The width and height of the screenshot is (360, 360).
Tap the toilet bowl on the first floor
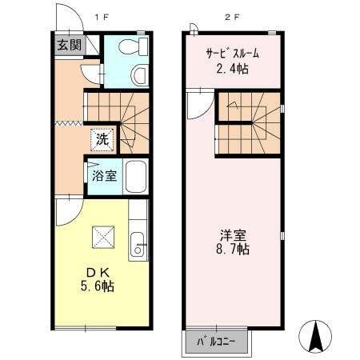point(138,75)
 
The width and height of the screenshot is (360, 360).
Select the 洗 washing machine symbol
point(102,138)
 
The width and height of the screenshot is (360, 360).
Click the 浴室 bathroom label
point(105,176)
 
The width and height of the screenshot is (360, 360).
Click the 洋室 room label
point(233,235)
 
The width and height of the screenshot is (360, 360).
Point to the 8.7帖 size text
point(233,250)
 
